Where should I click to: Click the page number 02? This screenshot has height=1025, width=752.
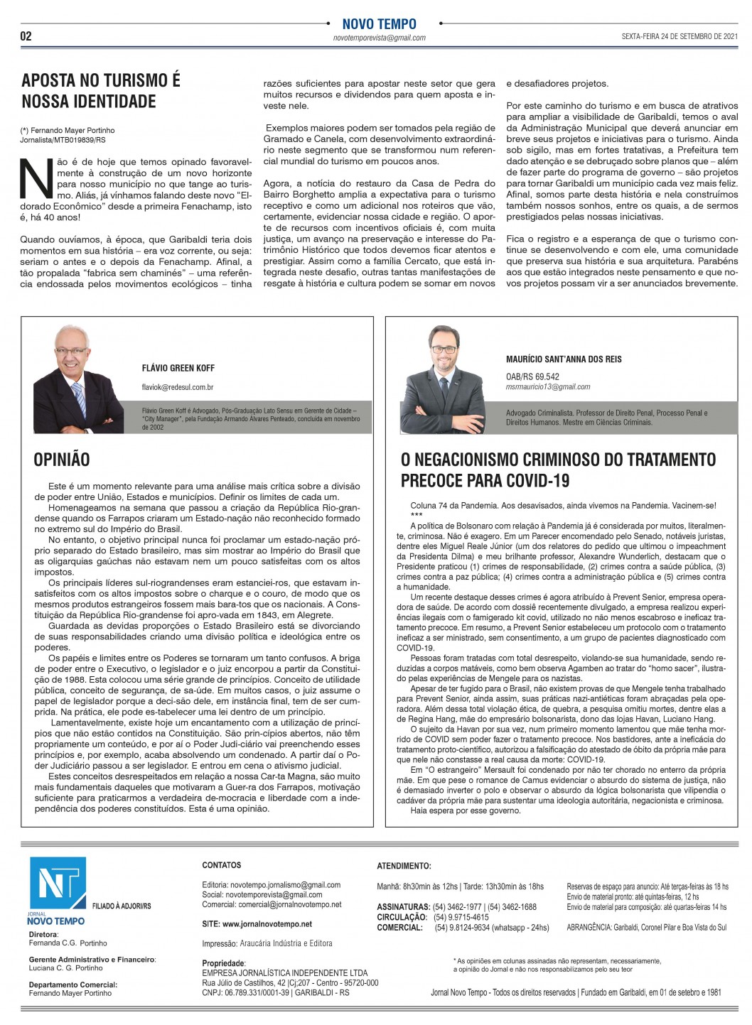[26, 36]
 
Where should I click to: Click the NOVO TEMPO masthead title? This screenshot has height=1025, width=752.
[379, 24]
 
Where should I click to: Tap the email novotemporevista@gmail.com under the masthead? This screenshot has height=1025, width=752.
[379, 38]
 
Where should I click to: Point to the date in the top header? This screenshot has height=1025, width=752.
[680, 36]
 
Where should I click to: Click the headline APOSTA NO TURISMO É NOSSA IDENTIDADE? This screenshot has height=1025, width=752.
[100, 90]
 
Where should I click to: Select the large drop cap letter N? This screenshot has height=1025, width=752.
[37, 178]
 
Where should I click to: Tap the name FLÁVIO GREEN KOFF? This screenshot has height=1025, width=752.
[178, 368]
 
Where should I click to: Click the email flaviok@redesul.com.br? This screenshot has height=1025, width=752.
[178, 387]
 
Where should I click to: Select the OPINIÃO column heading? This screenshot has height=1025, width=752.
[61, 460]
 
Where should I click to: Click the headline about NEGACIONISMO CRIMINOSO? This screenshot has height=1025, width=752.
[558, 470]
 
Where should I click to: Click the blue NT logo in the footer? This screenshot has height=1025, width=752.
[57, 883]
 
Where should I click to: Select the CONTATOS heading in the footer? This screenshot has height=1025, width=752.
[222, 865]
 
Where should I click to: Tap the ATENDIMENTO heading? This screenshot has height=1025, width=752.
[404, 866]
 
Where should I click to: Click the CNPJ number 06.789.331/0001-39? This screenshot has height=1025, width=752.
[245, 992]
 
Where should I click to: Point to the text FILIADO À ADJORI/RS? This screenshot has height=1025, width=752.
[122, 906]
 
